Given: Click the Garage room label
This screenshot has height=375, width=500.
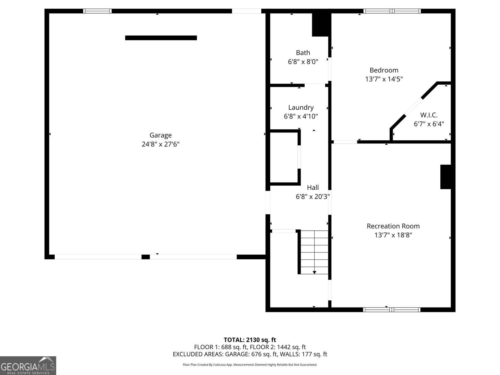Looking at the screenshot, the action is pyautogui.click(x=160, y=135).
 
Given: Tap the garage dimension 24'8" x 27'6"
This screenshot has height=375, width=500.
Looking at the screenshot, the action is pyautogui.click(x=161, y=144).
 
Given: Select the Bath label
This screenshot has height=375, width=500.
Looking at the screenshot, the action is pyautogui.click(x=303, y=52).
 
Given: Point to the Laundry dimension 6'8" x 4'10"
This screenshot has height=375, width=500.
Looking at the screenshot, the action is pyautogui.click(x=301, y=116).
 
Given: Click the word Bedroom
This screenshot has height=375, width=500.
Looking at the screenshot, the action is pyautogui.click(x=384, y=70).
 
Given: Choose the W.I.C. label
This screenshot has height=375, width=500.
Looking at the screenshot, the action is pyautogui.click(x=429, y=115).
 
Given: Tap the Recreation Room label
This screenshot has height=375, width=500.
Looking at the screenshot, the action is pyautogui.click(x=393, y=226).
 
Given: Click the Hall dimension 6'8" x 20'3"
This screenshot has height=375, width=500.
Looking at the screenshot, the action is pyautogui.click(x=313, y=197).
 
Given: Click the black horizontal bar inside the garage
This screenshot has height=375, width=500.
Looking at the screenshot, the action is pyautogui.click(x=161, y=38).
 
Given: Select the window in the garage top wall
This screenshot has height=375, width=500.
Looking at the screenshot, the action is pyautogui.click(x=97, y=11).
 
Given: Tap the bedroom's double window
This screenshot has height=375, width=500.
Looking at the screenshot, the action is pyautogui.click(x=392, y=11).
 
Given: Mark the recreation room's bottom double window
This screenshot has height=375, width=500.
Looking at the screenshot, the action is pyautogui.click(x=392, y=310).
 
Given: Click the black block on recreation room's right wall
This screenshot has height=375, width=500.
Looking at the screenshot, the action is pyautogui.click(x=446, y=177).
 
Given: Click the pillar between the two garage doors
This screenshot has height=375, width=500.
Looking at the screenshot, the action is pyautogui.click(x=146, y=257).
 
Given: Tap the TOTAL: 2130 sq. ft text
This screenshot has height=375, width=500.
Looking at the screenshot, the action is pyautogui.click(x=250, y=340).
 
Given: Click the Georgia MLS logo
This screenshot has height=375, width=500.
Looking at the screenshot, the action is pyautogui.click(x=28, y=366).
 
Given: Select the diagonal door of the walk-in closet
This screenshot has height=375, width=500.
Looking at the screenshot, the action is pyautogui.click(x=413, y=107).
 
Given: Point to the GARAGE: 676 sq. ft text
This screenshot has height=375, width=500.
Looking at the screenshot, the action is pyautogui.click(x=251, y=354).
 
